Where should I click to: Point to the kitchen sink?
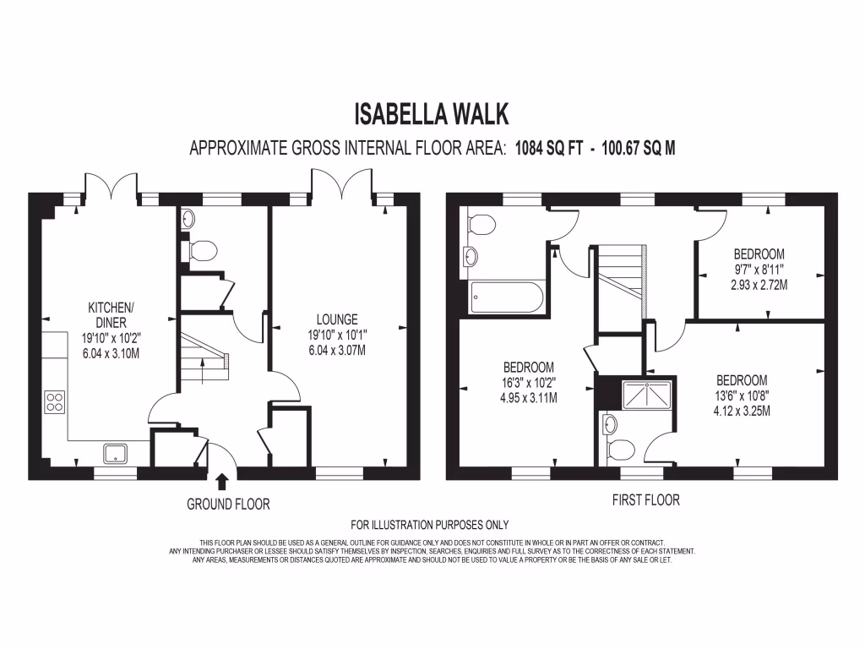click(115, 454)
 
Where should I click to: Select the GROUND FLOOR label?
click(228, 504)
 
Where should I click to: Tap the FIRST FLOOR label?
click(645, 500)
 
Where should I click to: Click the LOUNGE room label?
click(337, 319)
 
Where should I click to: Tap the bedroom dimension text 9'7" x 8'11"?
click(759, 270)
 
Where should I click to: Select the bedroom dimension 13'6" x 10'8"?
click(742, 395)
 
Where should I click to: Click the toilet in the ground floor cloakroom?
click(202, 250)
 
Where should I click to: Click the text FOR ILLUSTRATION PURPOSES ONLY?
click(430, 525)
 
